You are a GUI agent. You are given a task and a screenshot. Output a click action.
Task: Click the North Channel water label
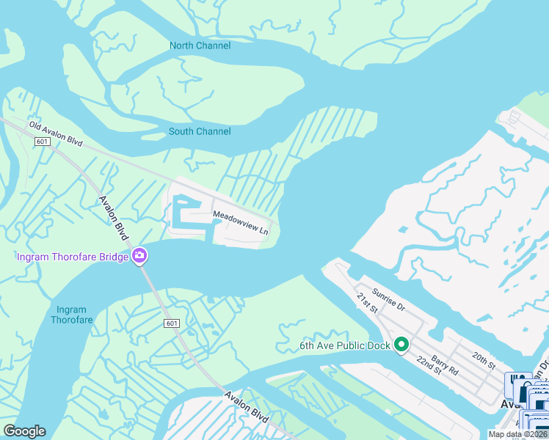pos(200,45)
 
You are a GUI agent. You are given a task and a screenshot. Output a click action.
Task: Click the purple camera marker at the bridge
pos(139,256)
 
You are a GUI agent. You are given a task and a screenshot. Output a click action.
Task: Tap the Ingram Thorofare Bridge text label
pos(72,256)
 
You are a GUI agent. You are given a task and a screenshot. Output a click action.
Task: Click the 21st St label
pos(366,303)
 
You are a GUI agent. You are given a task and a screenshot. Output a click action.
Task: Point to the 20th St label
pos(484,361)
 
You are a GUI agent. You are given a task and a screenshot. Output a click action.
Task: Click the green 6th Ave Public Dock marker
pos(401,344)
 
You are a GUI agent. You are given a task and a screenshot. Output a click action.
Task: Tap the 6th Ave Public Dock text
pos(343,345)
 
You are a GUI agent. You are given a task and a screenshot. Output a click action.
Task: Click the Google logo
pos(24,431)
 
